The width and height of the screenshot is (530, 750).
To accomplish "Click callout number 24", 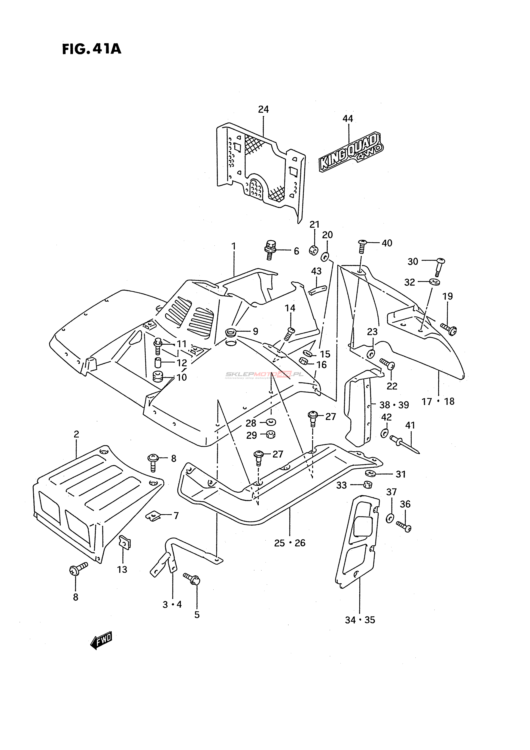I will tap(263, 109).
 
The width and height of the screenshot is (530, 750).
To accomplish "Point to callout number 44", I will tap(348, 119).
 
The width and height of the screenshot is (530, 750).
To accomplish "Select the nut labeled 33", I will tap(368, 485).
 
